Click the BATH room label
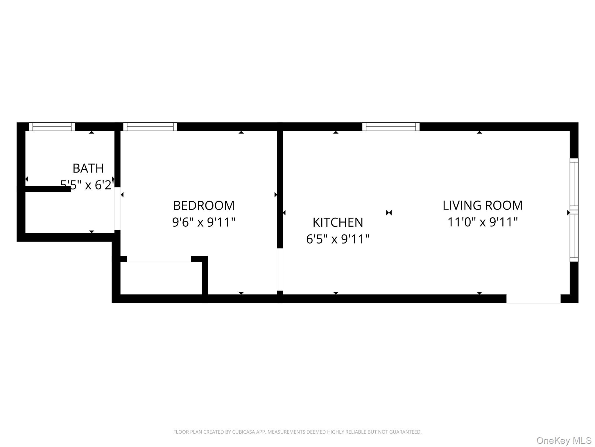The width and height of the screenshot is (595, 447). (x=88, y=168)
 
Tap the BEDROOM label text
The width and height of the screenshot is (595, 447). (x=204, y=205)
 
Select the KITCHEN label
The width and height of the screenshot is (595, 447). (x=338, y=222)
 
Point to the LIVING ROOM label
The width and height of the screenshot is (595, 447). (x=483, y=205)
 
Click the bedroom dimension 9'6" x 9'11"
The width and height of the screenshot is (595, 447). (x=204, y=222)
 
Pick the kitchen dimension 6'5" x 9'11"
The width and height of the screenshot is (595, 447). (x=338, y=239)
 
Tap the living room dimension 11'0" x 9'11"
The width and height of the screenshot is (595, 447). (x=483, y=222)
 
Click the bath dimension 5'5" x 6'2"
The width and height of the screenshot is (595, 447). (x=87, y=185)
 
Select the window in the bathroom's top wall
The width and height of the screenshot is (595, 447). (x=52, y=127)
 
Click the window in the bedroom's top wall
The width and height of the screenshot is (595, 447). (x=150, y=127)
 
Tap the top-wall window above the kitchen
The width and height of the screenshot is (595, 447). (x=391, y=127)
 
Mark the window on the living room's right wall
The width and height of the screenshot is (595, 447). (x=574, y=210)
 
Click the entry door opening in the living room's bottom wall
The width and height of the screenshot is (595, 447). (x=533, y=299)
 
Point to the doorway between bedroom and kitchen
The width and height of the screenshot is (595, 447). (x=280, y=269)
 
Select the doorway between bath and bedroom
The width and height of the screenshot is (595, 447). (x=117, y=209)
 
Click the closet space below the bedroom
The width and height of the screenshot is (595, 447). (x=161, y=278)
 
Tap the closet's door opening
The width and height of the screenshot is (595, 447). (x=159, y=259)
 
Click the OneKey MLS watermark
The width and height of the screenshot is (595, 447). (x=564, y=440)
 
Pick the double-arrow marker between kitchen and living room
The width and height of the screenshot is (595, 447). (x=389, y=213)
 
